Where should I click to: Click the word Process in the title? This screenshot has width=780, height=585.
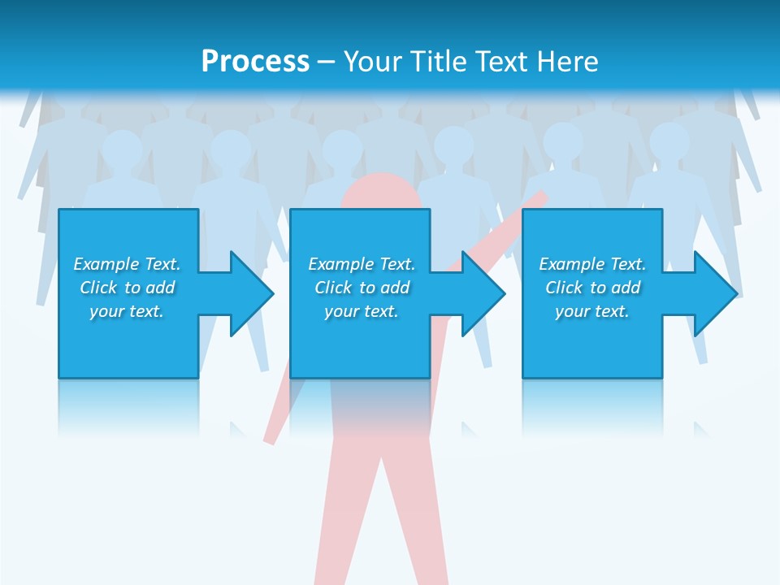pyautogui.click(x=255, y=62)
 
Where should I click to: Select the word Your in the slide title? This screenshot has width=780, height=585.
pyautogui.click(x=374, y=62)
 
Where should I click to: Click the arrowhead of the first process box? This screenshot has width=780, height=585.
pyautogui.click(x=248, y=293)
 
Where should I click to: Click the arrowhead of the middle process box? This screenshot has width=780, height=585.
pyautogui.click(x=480, y=293)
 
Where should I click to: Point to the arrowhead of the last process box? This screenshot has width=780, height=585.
pyautogui.click(x=712, y=293)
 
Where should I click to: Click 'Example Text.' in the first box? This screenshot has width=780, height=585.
pyautogui.click(x=127, y=264)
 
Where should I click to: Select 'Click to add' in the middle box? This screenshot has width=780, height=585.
pyautogui.click(x=362, y=288)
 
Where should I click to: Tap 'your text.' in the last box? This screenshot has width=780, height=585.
pyautogui.click(x=592, y=311)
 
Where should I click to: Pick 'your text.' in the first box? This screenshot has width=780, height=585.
pyautogui.click(x=127, y=311)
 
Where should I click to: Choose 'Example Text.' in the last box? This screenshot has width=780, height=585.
pyautogui.click(x=592, y=264)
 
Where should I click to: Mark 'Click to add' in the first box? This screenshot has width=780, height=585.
pyautogui.click(x=127, y=288)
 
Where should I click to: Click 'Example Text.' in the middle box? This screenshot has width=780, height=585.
pyautogui.click(x=362, y=264)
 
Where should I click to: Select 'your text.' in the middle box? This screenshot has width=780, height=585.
pyautogui.click(x=362, y=311)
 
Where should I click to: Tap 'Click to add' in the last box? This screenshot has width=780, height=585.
pyautogui.click(x=592, y=288)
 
